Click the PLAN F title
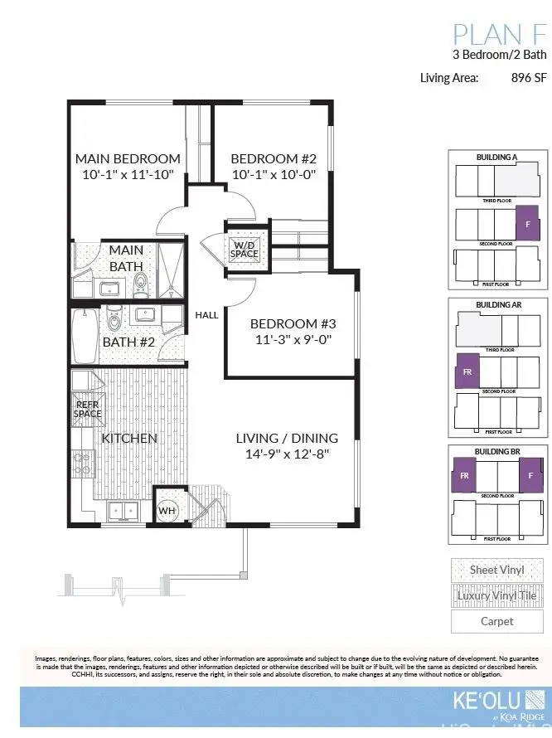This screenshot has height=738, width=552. [x=500, y=35]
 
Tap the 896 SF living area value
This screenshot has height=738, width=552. [x=530, y=78]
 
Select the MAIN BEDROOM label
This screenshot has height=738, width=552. [x=128, y=158]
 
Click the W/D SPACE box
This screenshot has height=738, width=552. [x=245, y=249]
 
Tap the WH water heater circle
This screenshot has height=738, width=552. [x=167, y=510]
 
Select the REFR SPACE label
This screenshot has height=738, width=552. [x=87, y=409]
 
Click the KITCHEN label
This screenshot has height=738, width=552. [x=129, y=438]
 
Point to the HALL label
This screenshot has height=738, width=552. [x=206, y=315]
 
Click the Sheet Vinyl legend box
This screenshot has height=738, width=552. [x=496, y=570]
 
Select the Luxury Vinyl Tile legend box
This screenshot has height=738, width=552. [x=496, y=595]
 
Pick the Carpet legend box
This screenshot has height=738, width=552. [x=496, y=621]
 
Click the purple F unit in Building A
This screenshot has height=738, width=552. [x=528, y=223]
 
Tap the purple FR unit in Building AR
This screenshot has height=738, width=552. [x=467, y=371]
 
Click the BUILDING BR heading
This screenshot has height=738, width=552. [x=497, y=452]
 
